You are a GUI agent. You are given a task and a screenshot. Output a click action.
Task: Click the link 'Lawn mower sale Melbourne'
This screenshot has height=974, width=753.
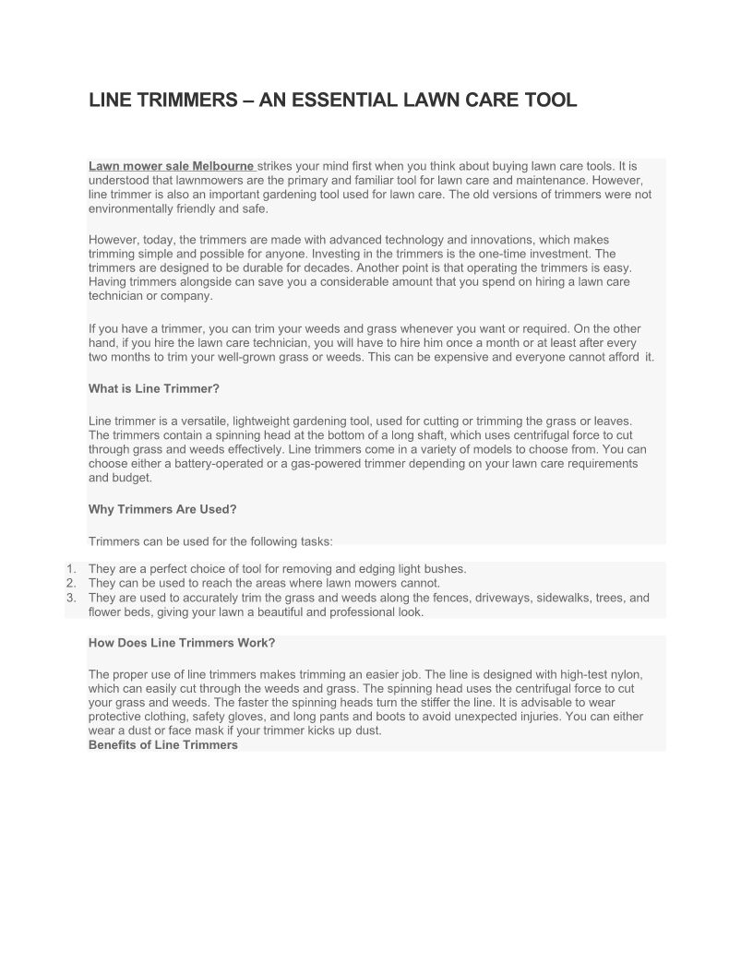(172, 166)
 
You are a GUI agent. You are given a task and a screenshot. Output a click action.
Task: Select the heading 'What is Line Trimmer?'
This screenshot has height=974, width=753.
(154, 388)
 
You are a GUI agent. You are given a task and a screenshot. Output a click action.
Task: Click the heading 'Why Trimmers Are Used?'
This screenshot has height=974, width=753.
(162, 509)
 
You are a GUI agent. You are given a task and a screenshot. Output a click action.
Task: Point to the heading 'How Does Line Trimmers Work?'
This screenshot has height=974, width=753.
(182, 643)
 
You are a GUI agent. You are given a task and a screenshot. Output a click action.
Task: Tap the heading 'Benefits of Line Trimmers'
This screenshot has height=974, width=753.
(163, 744)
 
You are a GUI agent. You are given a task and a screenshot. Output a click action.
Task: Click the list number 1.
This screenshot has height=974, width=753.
(71, 569)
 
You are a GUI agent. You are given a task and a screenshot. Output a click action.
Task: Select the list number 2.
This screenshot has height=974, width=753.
(71, 583)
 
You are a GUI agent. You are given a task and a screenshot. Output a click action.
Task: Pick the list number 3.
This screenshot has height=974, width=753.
(71, 598)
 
